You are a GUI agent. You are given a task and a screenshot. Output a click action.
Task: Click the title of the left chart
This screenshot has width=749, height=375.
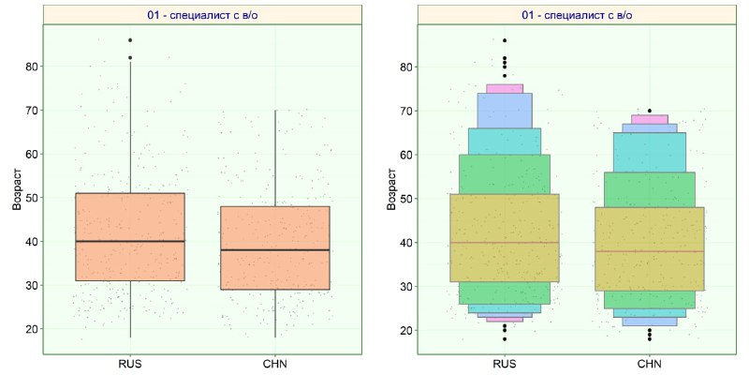tap(203, 15)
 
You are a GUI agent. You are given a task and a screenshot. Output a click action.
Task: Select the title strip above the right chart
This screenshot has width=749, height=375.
tap(577, 15)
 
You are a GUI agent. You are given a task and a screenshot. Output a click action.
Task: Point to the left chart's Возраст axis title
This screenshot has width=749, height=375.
tap(17, 189)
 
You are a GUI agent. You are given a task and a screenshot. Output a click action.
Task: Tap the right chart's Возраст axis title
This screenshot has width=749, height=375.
tap(391, 189)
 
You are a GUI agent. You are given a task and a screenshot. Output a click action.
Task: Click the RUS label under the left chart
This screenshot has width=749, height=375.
tap(130, 364)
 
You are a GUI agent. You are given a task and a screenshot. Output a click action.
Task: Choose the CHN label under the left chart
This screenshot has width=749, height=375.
tap(274, 364)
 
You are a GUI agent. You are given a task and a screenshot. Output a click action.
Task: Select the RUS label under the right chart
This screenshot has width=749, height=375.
tap(505, 364)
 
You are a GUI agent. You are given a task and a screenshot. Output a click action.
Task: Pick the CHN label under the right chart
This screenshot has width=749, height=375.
tap(650, 364)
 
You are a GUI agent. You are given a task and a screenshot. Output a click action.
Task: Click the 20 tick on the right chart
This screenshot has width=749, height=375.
tap(406, 331)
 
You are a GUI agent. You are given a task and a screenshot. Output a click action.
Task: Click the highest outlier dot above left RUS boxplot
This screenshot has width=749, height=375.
tap(130, 40)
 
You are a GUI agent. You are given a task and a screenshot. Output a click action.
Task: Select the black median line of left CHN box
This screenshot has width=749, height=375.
tap(275, 249)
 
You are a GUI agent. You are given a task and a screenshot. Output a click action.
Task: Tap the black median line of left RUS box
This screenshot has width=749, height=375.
tap(130, 241)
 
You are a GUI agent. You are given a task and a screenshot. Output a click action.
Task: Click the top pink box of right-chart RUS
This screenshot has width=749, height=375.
tap(505, 88)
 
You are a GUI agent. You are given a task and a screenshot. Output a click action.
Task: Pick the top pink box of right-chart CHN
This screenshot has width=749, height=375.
tap(650, 120)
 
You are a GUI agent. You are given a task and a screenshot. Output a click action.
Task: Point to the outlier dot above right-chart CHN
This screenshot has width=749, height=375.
tap(650, 111)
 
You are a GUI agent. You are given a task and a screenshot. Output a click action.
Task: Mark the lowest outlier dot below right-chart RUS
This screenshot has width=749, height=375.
tap(505, 339)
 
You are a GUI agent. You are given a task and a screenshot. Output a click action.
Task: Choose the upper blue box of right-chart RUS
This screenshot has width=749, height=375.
tap(505, 111)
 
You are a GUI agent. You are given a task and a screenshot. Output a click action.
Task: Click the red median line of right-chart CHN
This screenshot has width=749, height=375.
tap(650, 251)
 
